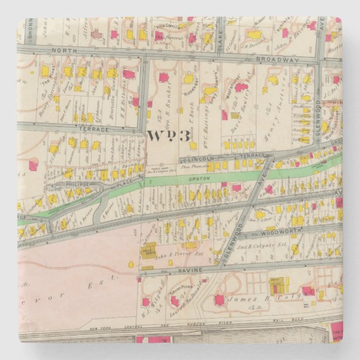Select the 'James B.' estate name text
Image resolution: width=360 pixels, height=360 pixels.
260,302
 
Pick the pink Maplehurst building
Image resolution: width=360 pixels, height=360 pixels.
241,87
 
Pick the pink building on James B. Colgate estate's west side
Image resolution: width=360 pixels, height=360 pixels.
219,300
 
